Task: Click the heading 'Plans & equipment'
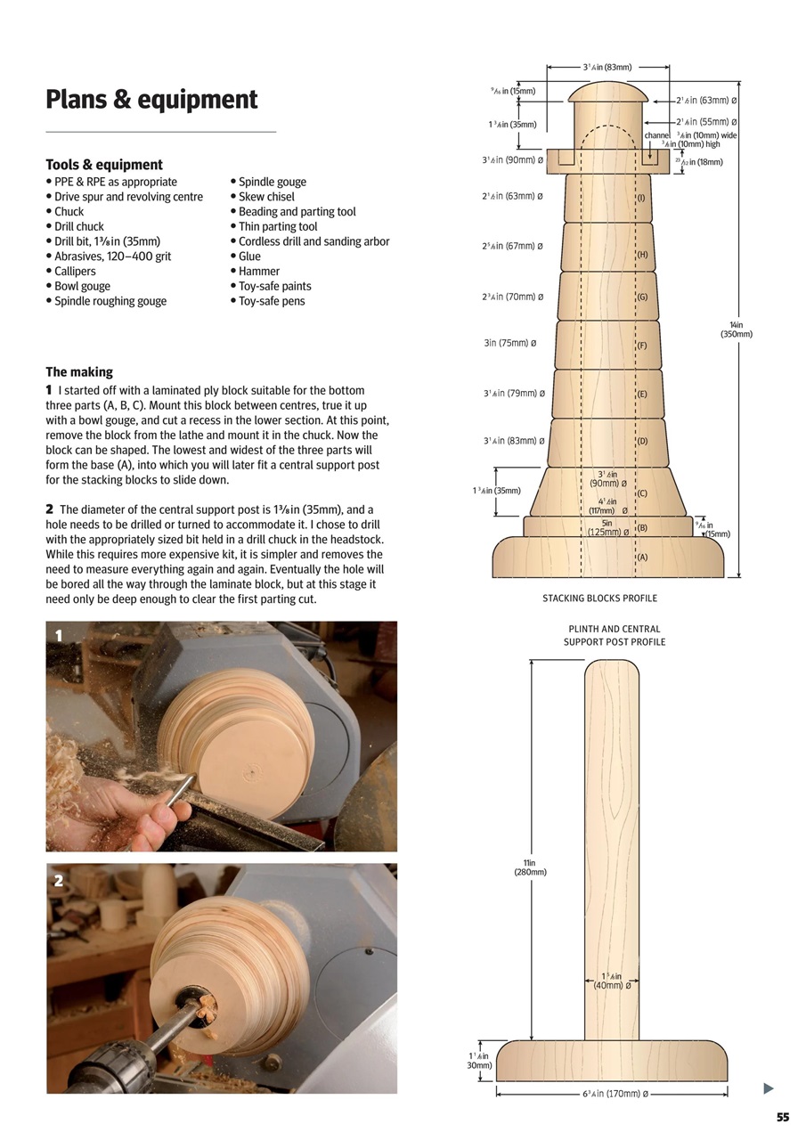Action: tap(151, 99)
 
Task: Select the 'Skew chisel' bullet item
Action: tap(266, 197)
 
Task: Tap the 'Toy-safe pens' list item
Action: tap(271, 301)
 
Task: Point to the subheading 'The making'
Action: tap(79, 372)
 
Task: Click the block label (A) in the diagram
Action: tap(642, 558)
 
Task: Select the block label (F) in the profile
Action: tap(642, 346)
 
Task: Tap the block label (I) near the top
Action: tap(641, 198)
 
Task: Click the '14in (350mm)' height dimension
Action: tap(737, 330)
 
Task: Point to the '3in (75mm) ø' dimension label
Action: tap(509, 343)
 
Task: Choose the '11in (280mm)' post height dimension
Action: tap(530, 867)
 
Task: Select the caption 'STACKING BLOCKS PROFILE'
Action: tap(599, 598)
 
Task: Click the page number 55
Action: tap(783, 1118)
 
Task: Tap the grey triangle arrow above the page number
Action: tap(769, 1088)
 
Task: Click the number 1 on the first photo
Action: tap(59, 636)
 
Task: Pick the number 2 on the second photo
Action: tap(59, 880)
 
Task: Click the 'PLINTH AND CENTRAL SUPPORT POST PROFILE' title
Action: tap(614, 635)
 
